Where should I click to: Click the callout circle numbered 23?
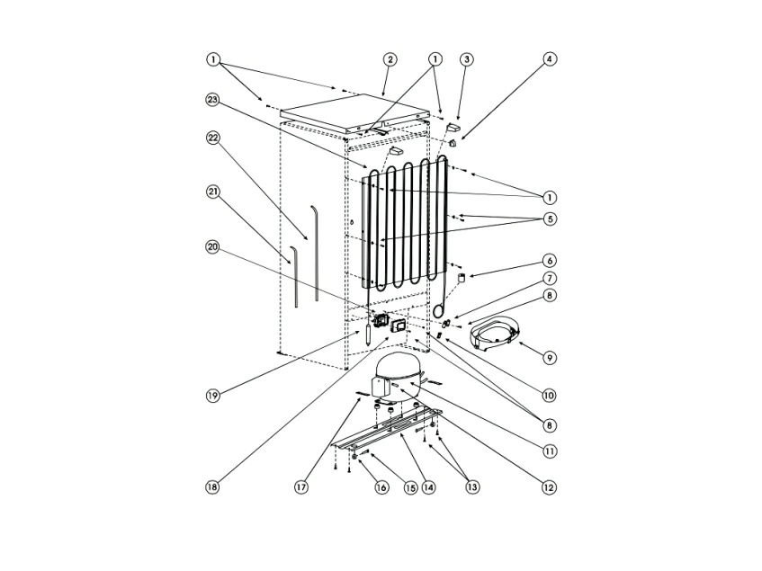(212, 100)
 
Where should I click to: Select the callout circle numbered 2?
(390, 59)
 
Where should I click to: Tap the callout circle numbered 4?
(549, 59)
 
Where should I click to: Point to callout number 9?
(550, 358)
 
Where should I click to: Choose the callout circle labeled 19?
(212, 396)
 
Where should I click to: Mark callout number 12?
(549, 487)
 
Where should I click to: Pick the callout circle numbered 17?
(301, 487)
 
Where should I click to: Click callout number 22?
(212, 138)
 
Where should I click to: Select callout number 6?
(550, 261)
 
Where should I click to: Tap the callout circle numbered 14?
(428, 487)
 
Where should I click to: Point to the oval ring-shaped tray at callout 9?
(494, 326)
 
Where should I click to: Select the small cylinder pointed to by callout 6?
(462, 278)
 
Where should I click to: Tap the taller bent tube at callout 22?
(316, 253)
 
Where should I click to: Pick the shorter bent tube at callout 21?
(293, 276)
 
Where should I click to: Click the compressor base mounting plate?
(387, 430)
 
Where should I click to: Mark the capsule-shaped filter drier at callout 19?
(369, 335)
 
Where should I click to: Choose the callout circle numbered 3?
(467, 59)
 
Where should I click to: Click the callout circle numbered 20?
(212, 247)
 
